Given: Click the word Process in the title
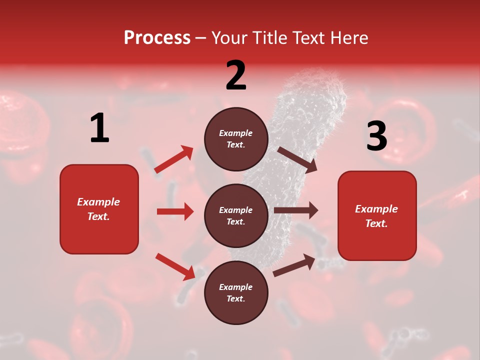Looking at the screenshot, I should tap(157, 38).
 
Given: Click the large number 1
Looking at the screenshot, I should tap(99, 128).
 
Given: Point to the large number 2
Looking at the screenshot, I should tap(236, 75).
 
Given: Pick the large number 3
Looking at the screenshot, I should tap(376, 136).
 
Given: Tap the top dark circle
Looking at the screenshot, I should tap(236, 139).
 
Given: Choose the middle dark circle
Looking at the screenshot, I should tap(236, 215).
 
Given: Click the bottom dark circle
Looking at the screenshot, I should tap(236, 292).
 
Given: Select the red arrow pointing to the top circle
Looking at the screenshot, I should tap(174, 159).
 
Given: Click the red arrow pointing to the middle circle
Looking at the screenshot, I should tap(175, 211).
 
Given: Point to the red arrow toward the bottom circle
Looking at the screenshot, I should tap(175, 266).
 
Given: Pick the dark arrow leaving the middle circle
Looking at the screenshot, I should tap(296, 210).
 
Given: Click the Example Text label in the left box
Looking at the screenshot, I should tap(98, 209).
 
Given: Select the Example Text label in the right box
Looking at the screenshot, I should tap(376, 216).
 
